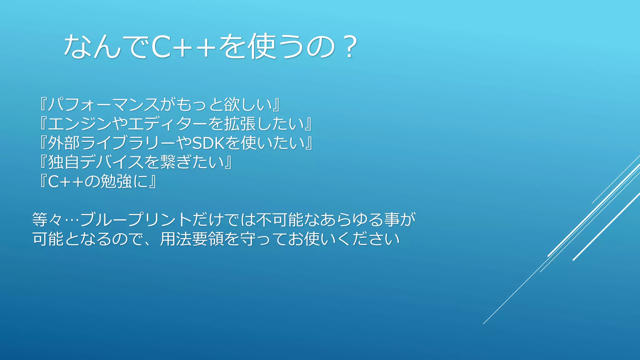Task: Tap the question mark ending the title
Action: point(350,47)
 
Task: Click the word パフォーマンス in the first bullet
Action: point(103,104)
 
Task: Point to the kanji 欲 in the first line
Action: point(232,104)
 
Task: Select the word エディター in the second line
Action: point(167,124)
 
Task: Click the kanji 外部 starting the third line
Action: point(64,143)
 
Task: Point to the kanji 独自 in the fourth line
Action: point(64,162)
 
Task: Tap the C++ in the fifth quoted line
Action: point(66,182)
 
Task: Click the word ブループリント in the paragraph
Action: point(136,220)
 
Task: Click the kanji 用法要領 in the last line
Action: point(192,239)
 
